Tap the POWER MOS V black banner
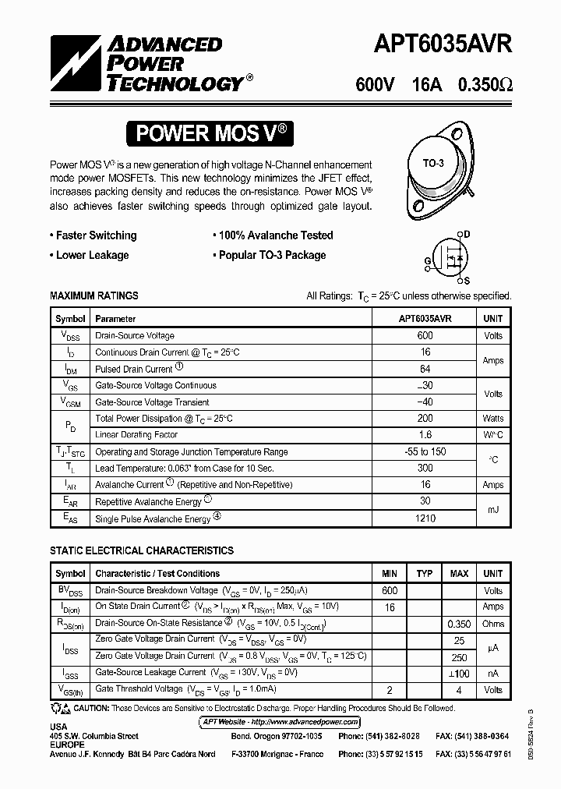pos(212,133)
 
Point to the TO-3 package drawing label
pos(433,163)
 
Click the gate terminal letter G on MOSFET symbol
pos(428,260)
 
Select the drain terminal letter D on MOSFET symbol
pos(467,234)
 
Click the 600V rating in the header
pos(376,85)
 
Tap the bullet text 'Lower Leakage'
pos(92,255)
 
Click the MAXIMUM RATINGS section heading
pos(94,296)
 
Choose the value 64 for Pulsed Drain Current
pos(425,369)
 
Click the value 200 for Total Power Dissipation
pos(425,419)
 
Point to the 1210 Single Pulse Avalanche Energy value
pos(425,518)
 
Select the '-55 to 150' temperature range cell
pos(425,451)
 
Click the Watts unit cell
pos(493,419)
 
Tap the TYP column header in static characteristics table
pos(425,574)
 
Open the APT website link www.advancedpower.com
pos(312,722)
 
